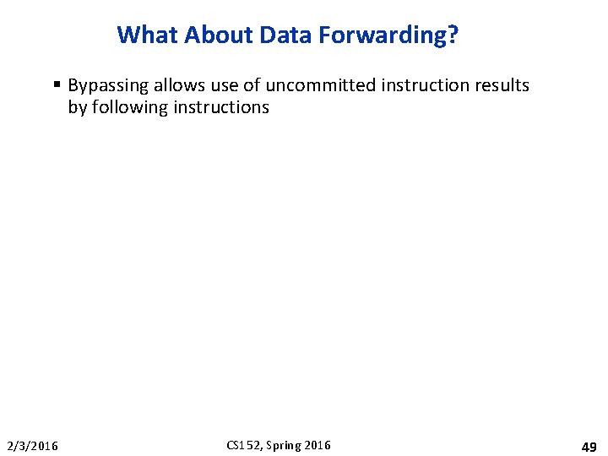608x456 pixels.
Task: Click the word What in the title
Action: pos(148,35)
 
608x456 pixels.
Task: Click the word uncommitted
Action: pos(318,85)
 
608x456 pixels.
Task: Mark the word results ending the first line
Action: pos(501,85)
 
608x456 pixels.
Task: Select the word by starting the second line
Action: pos(77,107)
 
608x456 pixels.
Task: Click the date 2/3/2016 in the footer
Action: pos(33,446)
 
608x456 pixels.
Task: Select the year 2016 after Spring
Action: pos(318,445)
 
